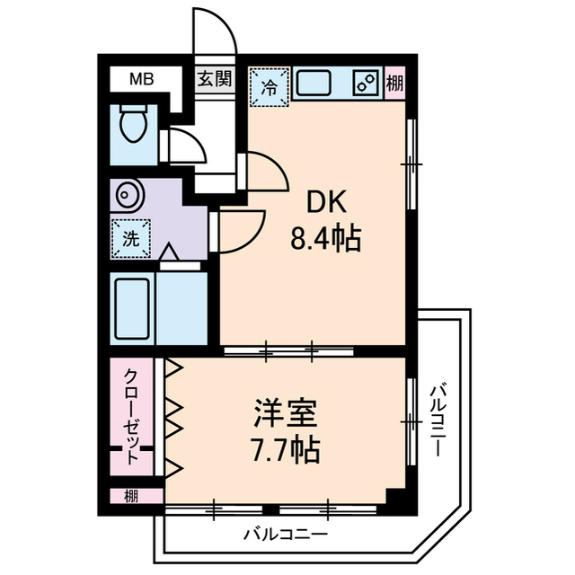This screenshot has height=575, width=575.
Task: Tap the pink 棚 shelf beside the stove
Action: (x=394, y=85)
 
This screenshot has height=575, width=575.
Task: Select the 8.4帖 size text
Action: (x=325, y=240)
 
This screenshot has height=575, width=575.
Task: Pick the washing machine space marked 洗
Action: (x=130, y=239)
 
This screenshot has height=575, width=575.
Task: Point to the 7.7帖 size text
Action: (x=284, y=448)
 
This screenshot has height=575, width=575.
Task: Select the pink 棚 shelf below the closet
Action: (x=131, y=494)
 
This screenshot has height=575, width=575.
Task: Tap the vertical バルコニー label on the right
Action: (x=440, y=418)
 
